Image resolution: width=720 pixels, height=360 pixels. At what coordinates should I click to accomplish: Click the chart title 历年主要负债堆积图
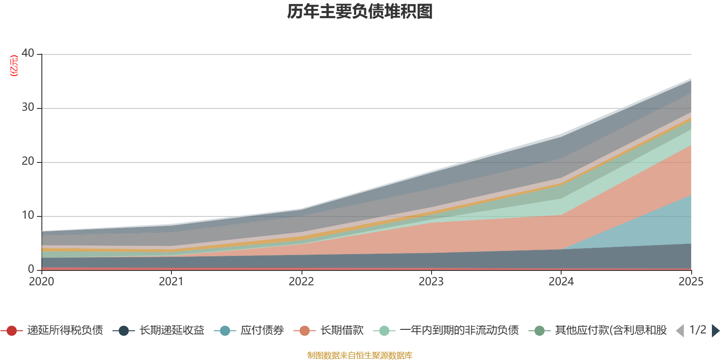pyautogui.click(x=360, y=12)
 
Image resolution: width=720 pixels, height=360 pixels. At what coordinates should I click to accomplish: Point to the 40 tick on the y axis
pyautogui.click(x=28, y=53)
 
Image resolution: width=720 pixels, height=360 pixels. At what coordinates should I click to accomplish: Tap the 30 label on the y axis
pyautogui.click(x=28, y=107)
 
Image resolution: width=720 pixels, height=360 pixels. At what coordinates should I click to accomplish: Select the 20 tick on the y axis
pyautogui.click(x=28, y=161)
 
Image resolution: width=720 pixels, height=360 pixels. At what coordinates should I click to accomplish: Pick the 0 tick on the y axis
pyautogui.click(x=31, y=269)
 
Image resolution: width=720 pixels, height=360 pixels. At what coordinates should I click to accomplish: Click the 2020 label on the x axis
pyautogui.click(x=41, y=282)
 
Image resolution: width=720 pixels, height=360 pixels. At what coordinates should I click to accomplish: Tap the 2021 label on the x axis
pyautogui.click(x=171, y=282)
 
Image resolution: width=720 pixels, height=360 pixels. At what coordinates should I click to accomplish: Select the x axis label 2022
pyautogui.click(x=301, y=282)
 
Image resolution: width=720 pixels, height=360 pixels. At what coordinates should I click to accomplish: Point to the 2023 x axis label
pyautogui.click(x=431, y=282)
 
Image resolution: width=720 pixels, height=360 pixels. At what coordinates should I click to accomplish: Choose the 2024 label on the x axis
pyautogui.click(x=561, y=282)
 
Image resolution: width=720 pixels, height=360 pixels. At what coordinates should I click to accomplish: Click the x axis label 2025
pyautogui.click(x=691, y=282)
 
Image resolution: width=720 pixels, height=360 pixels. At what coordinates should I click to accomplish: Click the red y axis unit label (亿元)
pyautogui.click(x=14, y=66)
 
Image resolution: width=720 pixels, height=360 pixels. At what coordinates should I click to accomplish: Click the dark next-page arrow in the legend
pyautogui.click(x=715, y=331)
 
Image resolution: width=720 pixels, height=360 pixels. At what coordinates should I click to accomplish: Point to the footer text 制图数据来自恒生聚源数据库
pyautogui.click(x=360, y=355)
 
